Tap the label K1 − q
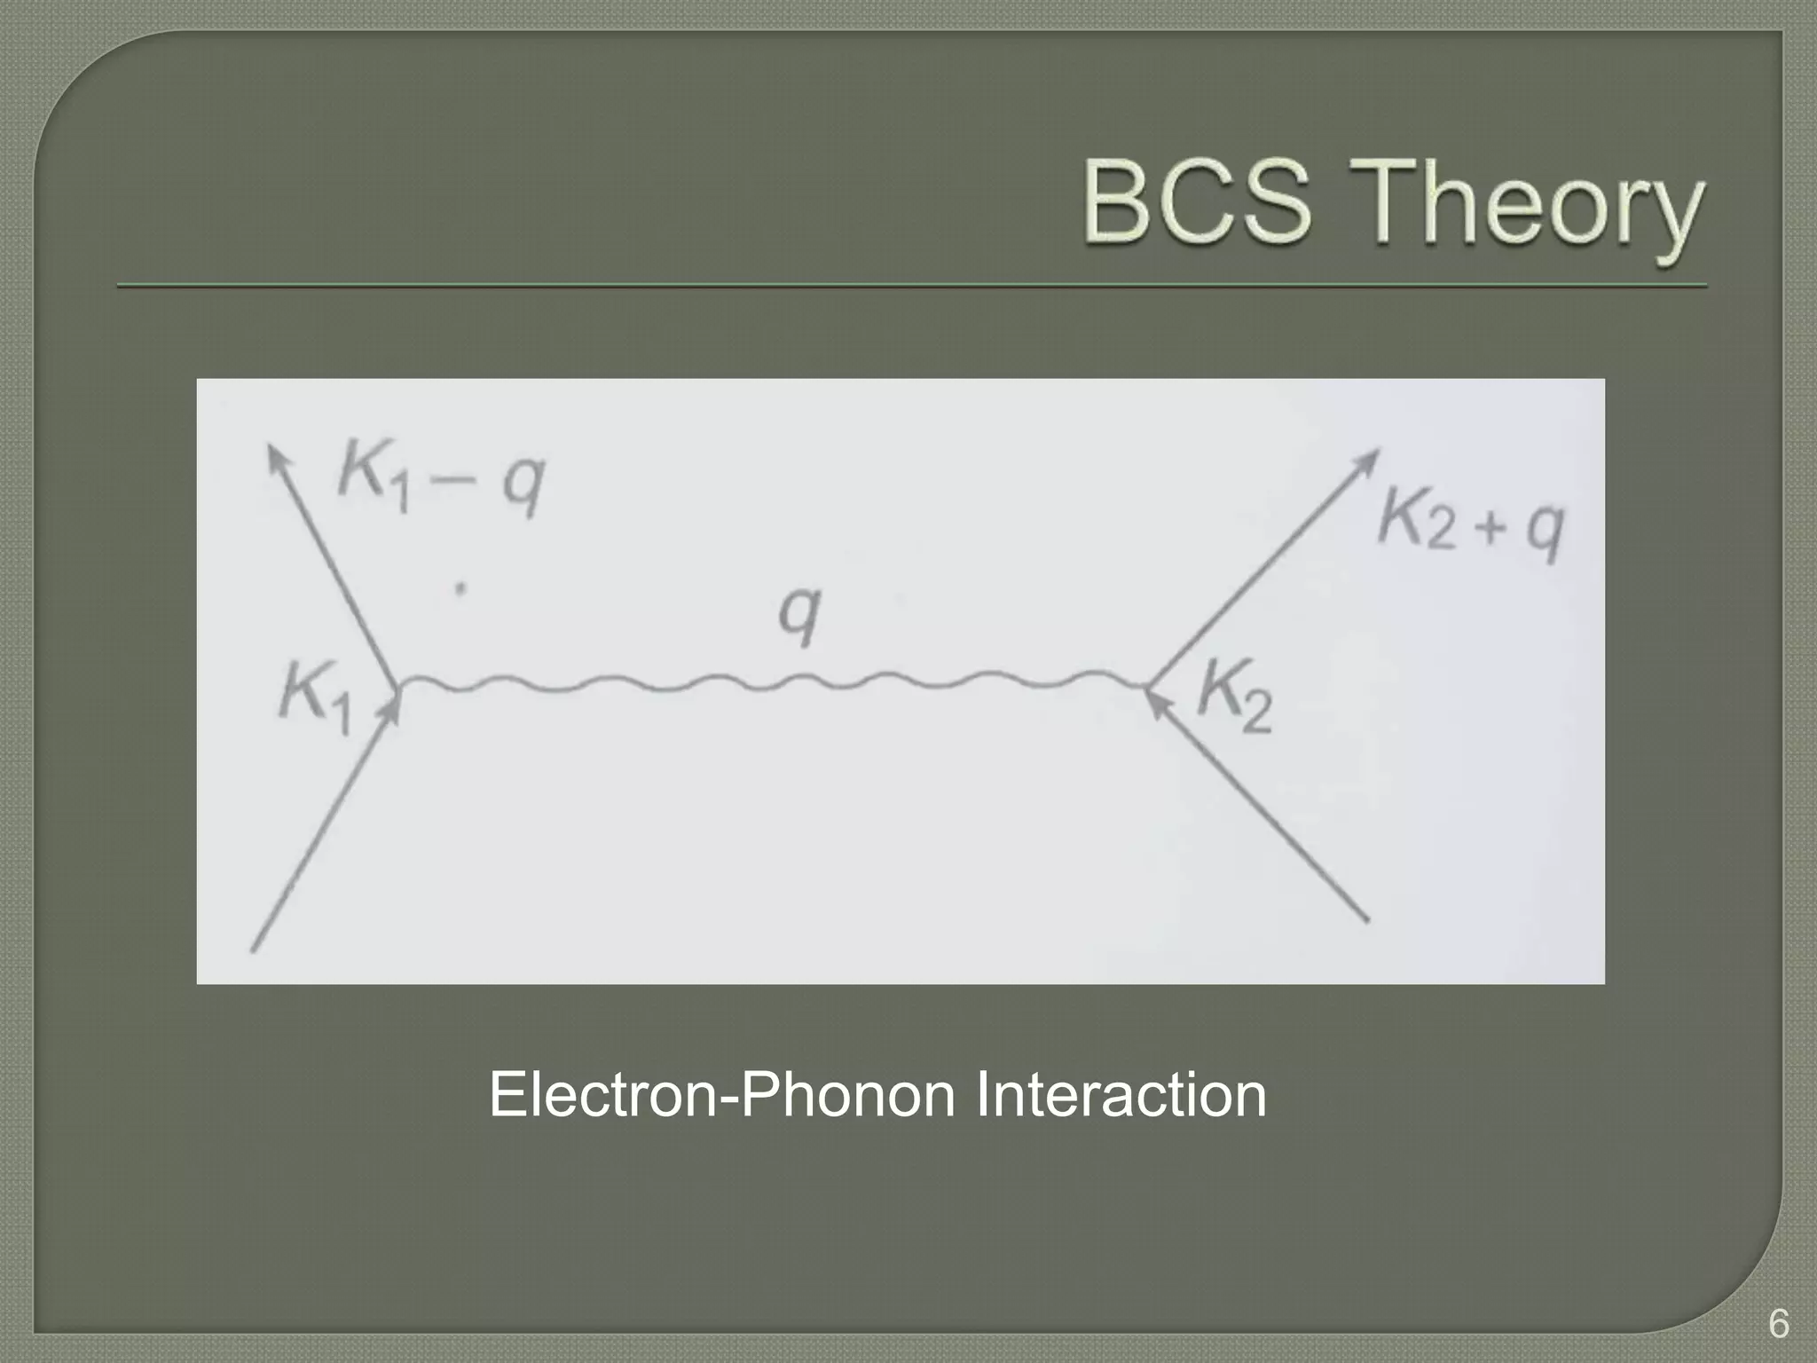[441, 485]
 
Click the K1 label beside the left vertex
[315, 699]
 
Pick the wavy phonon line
[772, 683]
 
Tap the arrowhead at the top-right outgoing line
[1370, 459]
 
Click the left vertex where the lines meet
[399, 686]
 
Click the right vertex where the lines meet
[1146, 686]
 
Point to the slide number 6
[1778, 1324]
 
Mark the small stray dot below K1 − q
[460, 587]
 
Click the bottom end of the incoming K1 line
[254, 949]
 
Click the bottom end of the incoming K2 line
[1366, 919]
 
